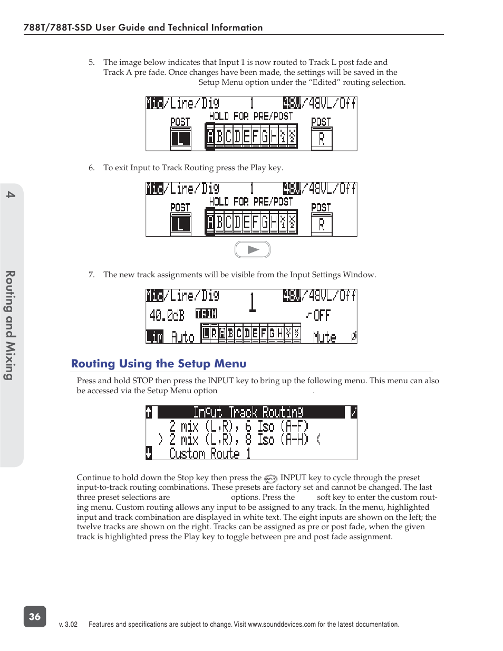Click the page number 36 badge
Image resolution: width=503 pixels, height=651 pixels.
(35, 616)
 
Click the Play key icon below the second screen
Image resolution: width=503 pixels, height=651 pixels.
(253, 250)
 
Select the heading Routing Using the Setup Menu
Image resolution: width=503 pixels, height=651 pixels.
(159, 364)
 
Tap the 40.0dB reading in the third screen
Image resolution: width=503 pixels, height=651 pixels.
(167, 315)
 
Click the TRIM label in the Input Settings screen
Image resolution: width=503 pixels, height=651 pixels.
(206, 314)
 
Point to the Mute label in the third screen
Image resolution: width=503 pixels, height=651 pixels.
(324, 337)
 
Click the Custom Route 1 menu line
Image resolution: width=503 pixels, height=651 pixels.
(209, 453)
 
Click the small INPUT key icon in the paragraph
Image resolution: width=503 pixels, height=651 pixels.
(270, 479)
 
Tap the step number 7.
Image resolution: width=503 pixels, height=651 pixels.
(91, 275)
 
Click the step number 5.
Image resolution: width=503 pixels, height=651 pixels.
(91, 62)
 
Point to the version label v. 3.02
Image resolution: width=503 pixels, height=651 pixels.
(68, 625)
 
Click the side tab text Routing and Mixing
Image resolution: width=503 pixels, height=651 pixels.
(10, 325)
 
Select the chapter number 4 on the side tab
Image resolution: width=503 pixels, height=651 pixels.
(11, 195)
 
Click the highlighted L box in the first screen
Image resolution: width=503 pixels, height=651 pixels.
(180, 139)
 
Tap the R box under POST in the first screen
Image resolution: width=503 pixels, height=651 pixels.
(322, 139)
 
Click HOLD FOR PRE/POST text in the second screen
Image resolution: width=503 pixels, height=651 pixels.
(250, 201)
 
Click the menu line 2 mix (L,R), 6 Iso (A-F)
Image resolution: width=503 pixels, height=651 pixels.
(238, 426)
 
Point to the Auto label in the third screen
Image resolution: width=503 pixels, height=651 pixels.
(182, 337)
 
